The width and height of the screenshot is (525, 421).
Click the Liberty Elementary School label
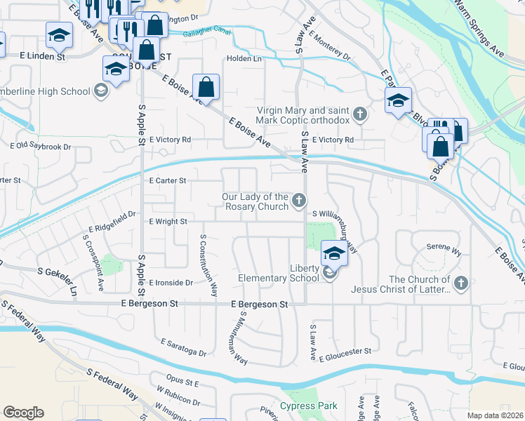tap(289, 273)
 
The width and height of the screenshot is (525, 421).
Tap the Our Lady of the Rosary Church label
tap(255, 202)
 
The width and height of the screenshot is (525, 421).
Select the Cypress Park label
tap(309, 406)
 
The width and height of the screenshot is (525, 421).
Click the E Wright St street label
tap(168, 221)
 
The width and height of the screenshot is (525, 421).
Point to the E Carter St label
tap(167, 180)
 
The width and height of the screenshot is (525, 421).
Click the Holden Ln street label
tap(244, 59)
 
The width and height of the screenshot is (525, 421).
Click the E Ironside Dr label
tap(171, 282)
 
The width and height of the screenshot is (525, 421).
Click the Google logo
tap(22, 413)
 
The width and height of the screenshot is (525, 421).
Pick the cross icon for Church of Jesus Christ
tap(460, 283)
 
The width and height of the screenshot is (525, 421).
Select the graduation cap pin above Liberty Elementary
tap(335, 254)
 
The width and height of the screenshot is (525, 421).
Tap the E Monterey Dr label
tap(328, 46)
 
